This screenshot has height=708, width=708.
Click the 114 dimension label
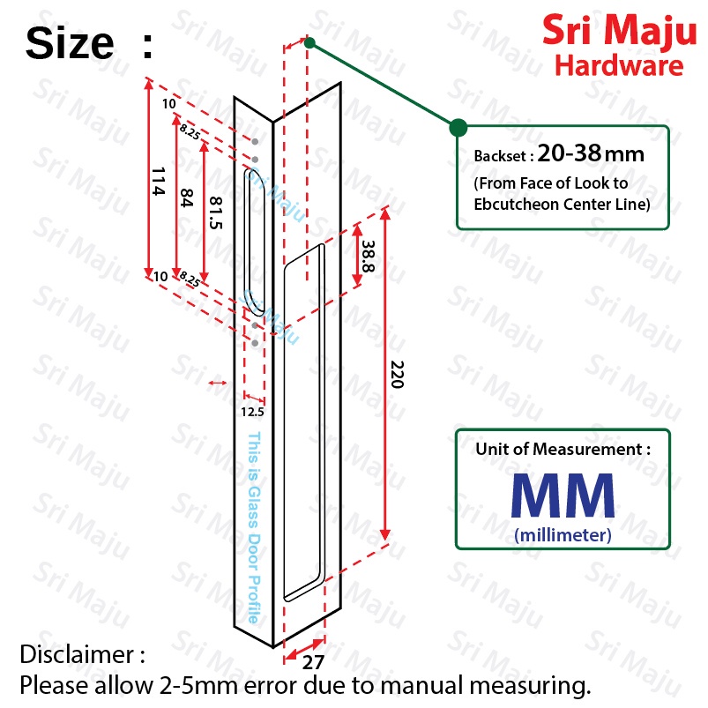158,181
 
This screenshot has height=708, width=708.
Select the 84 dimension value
186,197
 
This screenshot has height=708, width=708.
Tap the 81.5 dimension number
215,212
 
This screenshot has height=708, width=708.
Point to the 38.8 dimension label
368,256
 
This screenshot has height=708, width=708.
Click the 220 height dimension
397,375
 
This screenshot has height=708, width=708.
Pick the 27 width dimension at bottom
313,662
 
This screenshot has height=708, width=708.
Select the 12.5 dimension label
252,412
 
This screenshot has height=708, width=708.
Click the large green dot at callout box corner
458,128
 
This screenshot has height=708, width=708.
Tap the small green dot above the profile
309,43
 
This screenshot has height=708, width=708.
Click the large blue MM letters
563,495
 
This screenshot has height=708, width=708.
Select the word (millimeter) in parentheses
563,535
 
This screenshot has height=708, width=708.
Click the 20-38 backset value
569,153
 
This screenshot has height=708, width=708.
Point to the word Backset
500,156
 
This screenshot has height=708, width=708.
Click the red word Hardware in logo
619,65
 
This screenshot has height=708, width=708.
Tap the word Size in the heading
70,43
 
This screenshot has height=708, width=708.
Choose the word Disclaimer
77,654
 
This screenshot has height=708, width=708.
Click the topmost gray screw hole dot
255,142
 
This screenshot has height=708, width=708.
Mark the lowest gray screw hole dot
255,343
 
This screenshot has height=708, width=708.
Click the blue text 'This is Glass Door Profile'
254,527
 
